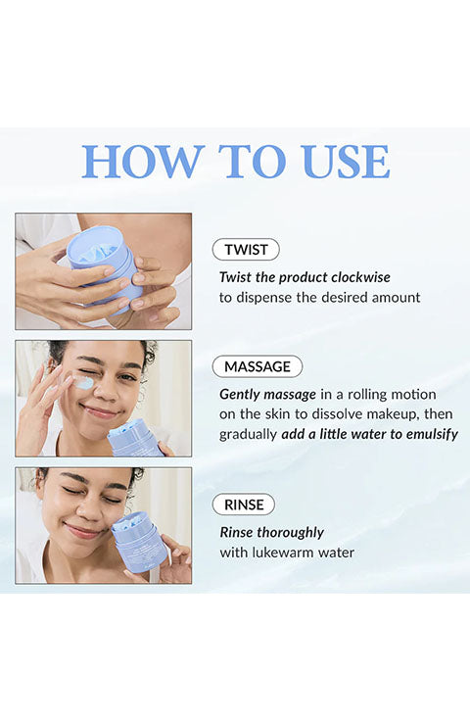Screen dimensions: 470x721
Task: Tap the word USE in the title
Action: (x=347, y=161)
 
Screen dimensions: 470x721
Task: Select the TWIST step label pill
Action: (x=246, y=250)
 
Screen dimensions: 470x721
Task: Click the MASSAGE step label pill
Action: (x=258, y=366)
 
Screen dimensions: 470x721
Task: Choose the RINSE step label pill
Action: (x=244, y=505)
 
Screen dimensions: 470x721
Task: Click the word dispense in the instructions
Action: (x=262, y=298)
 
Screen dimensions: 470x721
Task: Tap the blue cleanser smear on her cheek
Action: (x=82, y=383)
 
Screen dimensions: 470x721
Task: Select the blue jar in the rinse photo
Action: (x=139, y=542)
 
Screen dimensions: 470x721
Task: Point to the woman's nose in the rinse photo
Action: (x=90, y=510)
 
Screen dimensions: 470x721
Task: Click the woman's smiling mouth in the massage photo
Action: (x=99, y=412)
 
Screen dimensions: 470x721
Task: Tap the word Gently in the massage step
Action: (x=239, y=395)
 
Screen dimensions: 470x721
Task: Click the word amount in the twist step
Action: (x=396, y=298)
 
